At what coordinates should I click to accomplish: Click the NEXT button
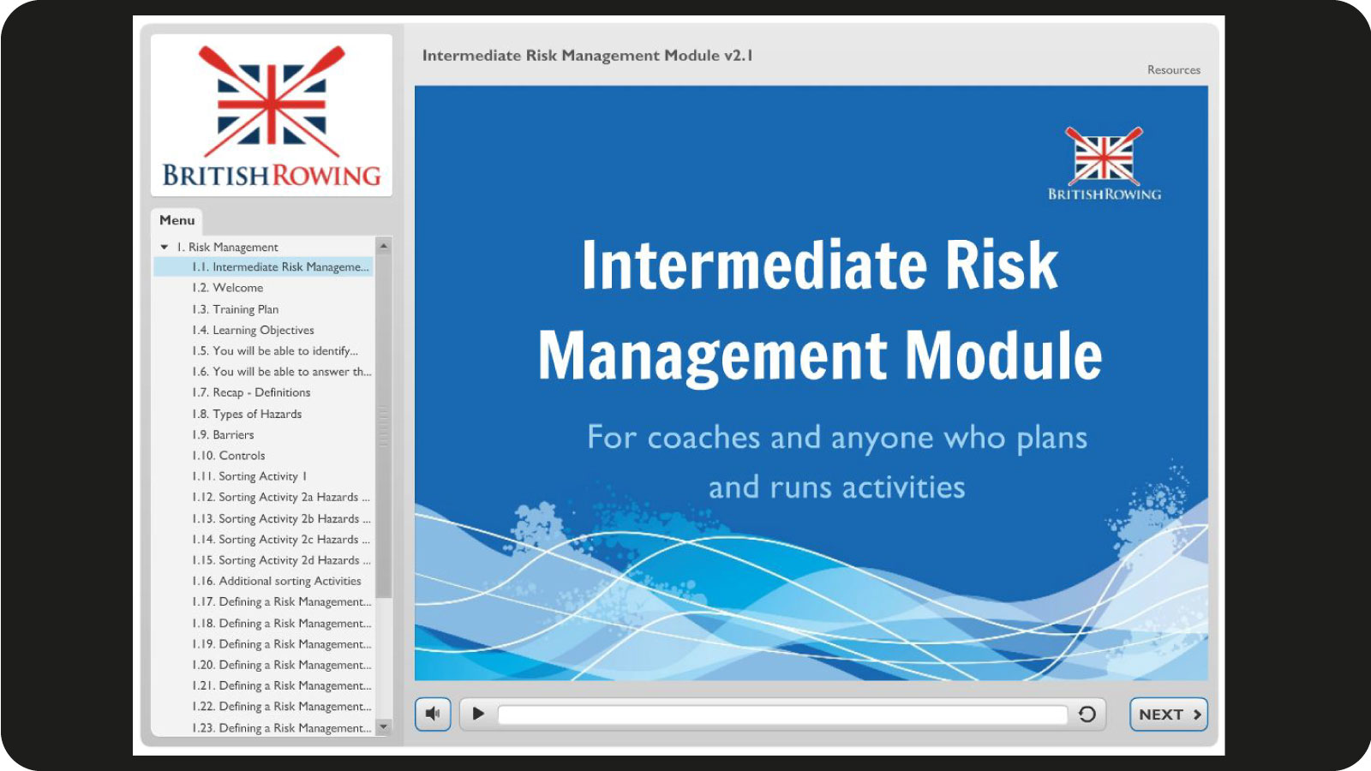1169,714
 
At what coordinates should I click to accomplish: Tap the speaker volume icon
433,714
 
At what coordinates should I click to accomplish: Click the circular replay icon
1087,714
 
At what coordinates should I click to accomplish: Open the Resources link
1173,69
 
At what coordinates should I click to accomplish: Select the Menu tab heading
177,220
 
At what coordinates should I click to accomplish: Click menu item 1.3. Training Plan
235,309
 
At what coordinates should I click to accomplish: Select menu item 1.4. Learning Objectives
253,330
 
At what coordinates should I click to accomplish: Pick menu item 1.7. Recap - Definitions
251,392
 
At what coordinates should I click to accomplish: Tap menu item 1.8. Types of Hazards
247,414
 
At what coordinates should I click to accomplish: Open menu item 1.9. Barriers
223,434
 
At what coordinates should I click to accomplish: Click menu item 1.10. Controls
228,455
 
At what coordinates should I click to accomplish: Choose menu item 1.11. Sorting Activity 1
249,476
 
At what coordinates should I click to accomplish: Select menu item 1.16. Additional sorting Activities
277,581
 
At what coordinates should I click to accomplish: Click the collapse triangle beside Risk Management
164,248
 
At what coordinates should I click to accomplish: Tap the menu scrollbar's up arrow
384,246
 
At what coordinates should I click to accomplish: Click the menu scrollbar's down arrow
384,727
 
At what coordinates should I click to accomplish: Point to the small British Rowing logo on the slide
1105,164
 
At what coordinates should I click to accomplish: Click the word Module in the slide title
1003,356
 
